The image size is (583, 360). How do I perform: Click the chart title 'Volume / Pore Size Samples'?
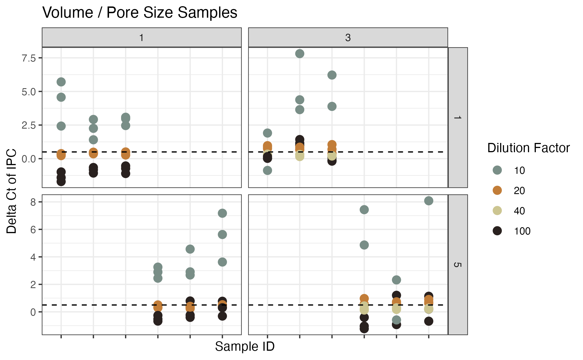click(140, 13)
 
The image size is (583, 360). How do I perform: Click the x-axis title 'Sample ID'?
click(245, 347)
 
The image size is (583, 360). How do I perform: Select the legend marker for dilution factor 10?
click(497, 170)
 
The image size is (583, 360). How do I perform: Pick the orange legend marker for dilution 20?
click(497, 190)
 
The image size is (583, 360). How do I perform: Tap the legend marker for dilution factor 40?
click(497, 211)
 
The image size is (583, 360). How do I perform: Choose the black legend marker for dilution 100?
click(497, 231)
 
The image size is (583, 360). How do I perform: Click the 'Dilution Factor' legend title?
click(528, 148)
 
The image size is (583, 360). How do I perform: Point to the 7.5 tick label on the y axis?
click(29, 58)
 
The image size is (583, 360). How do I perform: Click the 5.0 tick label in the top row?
click(29, 92)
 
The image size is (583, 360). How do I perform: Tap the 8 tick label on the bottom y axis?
click(33, 202)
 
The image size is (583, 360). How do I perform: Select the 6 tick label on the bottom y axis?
click(33, 230)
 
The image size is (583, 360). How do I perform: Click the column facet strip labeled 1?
click(142, 37)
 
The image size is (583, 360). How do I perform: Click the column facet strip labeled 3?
click(348, 37)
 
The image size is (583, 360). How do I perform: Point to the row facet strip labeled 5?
click(458, 265)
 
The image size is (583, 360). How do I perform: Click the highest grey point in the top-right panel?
click(300, 54)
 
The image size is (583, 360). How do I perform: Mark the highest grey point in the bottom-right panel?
click(428, 201)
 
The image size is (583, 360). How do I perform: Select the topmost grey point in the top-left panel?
click(61, 82)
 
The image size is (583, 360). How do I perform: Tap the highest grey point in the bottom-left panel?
click(222, 213)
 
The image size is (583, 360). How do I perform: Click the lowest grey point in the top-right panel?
click(267, 170)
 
